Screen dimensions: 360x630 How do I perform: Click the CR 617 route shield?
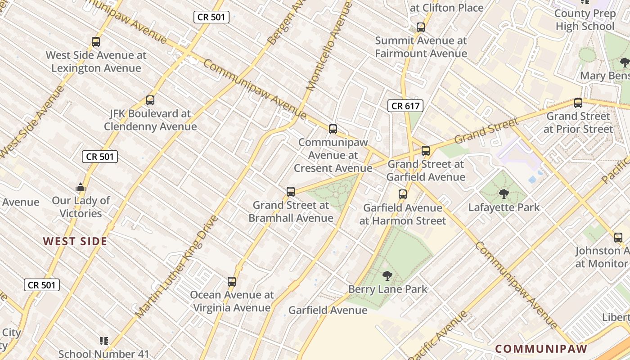tap(405, 106)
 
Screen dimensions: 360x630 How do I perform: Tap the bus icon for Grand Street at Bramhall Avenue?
tap(291, 192)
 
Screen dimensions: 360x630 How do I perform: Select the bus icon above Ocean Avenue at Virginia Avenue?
tap(232, 282)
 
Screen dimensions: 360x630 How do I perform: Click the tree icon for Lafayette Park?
tap(504, 194)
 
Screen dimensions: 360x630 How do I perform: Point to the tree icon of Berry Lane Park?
tap(387, 275)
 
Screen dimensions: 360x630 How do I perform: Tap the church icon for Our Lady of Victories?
tap(81, 187)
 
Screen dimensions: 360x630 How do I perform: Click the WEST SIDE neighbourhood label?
tap(75, 241)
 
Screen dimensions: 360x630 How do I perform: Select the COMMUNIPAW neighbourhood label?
tap(541, 349)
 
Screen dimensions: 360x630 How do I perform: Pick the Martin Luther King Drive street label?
tap(176, 266)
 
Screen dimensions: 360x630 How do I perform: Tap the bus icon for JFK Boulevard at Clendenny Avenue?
tap(150, 100)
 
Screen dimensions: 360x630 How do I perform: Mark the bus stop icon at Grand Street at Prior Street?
tap(578, 103)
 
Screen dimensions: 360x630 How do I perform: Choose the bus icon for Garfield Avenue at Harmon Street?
tap(403, 194)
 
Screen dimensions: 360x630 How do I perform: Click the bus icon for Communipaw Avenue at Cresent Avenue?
tap(333, 129)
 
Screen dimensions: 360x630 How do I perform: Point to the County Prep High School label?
tap(585, 20)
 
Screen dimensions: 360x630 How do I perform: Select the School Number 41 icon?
tap(104, 341)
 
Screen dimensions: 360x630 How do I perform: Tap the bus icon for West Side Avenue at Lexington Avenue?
tap(96, 42)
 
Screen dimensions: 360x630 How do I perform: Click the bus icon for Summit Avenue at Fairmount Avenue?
tap(421, 27)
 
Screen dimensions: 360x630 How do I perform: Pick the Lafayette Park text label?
tap(504, 207)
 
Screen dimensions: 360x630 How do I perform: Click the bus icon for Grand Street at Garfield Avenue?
tap(426, 151)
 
